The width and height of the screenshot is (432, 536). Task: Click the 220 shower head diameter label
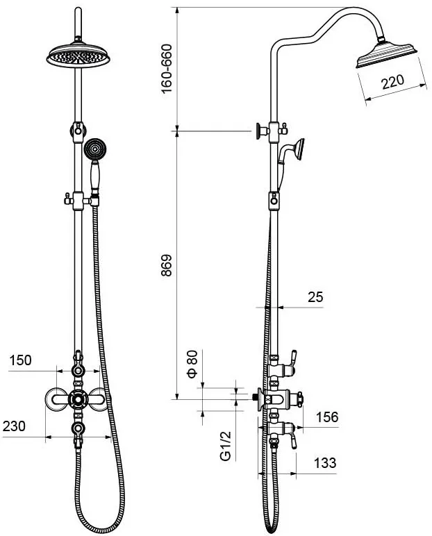tap(392, 82)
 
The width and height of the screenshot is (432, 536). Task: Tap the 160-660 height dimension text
tap(166, 68)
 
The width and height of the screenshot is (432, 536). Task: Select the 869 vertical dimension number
tap(166, 265)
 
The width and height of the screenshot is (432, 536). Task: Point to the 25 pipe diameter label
tap(315, 296)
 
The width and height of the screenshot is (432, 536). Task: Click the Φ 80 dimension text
tap(192, 363)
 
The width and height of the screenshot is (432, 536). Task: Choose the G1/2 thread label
tap(226, 446)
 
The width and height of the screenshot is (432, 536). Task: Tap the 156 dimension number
tap(327, 417)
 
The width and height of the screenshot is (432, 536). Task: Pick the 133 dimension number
tap(325, 463)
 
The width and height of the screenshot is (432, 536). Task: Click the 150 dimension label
tap(20, 360)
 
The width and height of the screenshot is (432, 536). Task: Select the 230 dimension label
tap(14, 426)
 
